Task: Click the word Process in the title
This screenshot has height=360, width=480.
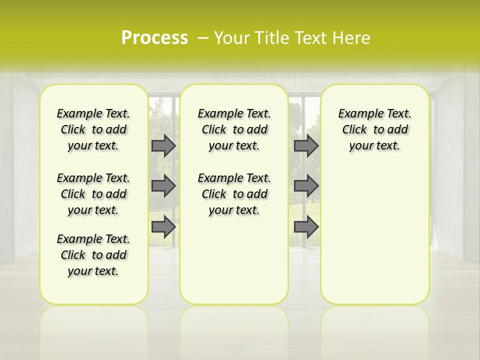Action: coord(154,37)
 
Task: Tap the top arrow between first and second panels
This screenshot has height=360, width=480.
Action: coord(163,145)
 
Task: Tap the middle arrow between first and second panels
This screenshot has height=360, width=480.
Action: coord(163,186)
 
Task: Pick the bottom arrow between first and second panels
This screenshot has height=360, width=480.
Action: coord(163,227)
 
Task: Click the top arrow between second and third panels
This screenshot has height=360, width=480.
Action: coord(306,145)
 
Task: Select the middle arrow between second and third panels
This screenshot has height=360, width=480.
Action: coord(306,186)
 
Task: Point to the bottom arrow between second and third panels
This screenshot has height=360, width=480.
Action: coord(306,227)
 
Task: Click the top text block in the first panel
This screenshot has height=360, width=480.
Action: coord(93,129)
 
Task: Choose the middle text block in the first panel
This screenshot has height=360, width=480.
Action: coord(93,194)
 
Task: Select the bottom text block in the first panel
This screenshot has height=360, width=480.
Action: coord(93,255)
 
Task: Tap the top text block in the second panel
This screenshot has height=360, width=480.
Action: coord(234,129)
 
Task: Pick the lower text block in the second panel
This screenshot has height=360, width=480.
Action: coord(234,194)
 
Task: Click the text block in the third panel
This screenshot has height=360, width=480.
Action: coord(374,129)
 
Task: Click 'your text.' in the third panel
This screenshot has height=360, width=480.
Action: coord(374,146)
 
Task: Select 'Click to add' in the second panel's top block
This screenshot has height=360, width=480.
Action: coord(234,130)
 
